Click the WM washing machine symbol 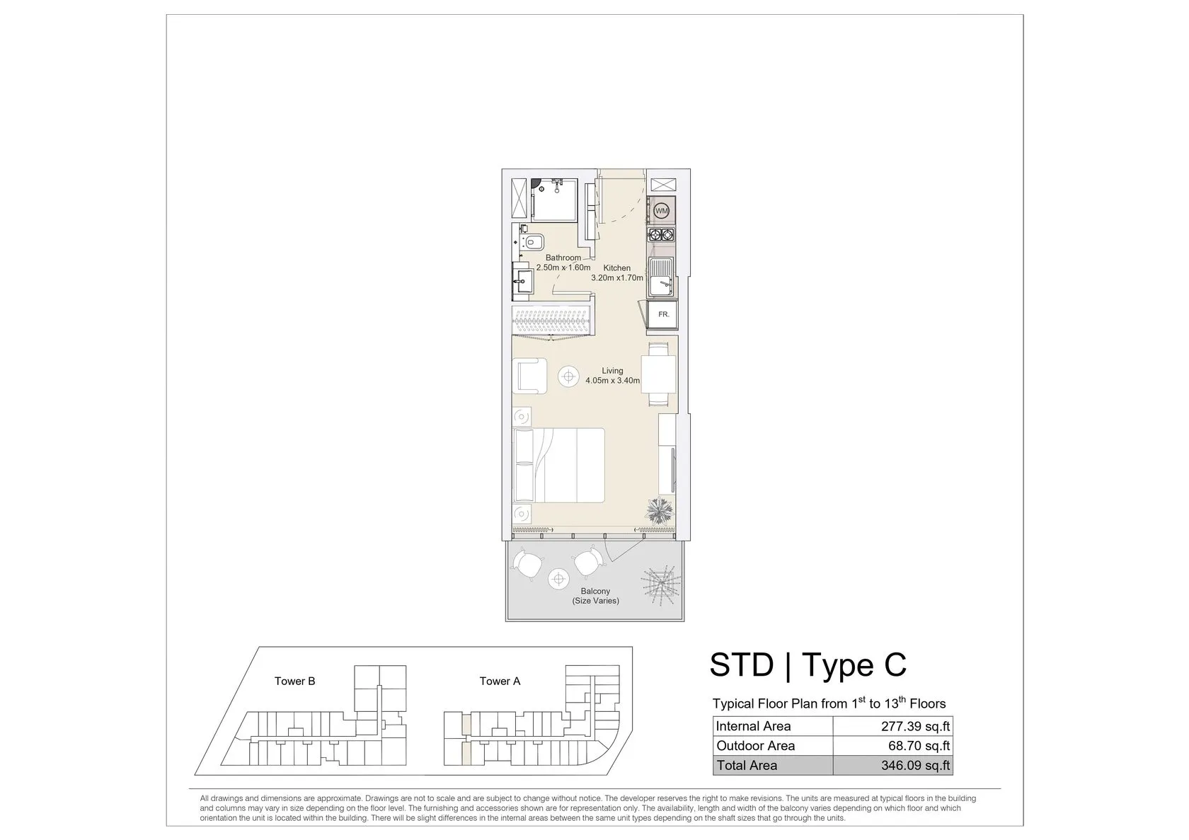tap(661, 211)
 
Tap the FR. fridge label tap(664, 315)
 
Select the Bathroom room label tap(563, 258)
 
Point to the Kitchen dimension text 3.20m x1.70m tap(617, 277)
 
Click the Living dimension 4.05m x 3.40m tap(613, 381)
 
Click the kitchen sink tap(661, 277)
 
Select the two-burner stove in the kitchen tap(661, 234)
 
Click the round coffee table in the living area tap(568, 376)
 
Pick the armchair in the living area tap(529, 376)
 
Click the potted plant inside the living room tap(660, 510)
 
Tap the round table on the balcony tap(558, 580)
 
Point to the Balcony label tap(595, 591)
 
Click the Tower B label tap(294, 681)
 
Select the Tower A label tap(500, 681)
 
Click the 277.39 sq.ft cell tap(893, 726)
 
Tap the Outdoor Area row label tap(755, 746)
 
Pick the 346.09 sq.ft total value tap(916, 765)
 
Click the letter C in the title tap(895, 664)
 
